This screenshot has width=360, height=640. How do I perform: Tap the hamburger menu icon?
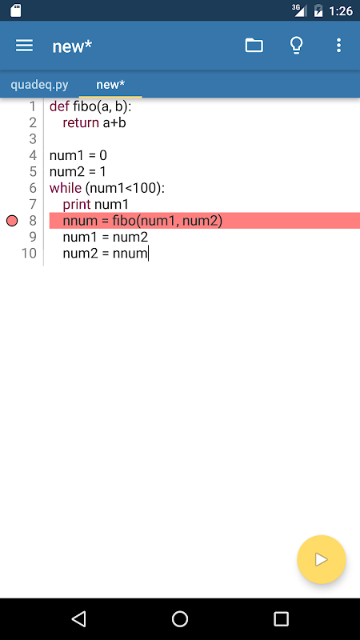(24, 46)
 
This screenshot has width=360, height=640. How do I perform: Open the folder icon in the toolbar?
(254, 46)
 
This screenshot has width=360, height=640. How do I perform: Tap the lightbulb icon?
(297, 46)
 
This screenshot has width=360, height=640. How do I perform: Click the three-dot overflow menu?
(338, 46)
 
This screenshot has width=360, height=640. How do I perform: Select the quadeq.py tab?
(39, 85)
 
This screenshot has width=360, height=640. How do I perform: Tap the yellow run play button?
(322, 559)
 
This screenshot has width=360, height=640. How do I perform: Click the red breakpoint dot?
(12, 221)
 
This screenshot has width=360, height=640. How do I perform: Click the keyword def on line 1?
(59, 106)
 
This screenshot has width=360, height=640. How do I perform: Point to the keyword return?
(81, 123)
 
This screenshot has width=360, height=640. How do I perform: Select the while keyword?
(66, 188)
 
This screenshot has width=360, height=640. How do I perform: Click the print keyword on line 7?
(77, 205)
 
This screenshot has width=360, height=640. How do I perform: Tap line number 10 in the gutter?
(29, 254)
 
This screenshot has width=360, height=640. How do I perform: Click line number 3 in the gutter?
(33, 139)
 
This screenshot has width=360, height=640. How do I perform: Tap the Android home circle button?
(180, 618)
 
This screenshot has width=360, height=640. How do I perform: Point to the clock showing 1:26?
(341, 11)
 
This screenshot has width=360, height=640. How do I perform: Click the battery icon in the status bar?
(318, 11)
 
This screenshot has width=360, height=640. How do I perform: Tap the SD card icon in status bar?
(15, 10)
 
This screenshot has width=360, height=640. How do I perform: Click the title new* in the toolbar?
(72, 46)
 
